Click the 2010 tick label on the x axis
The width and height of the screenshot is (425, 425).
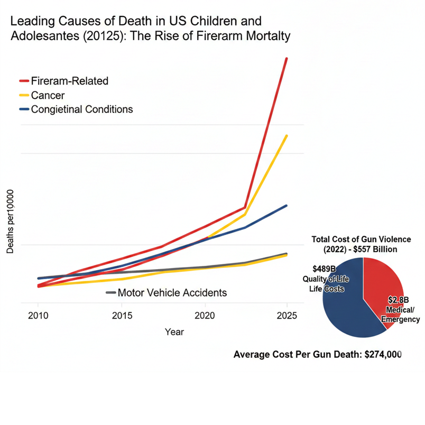tap(38, 316)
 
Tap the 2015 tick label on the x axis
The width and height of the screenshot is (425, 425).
tap(122, 316)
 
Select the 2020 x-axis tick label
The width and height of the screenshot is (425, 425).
tap(205, 316)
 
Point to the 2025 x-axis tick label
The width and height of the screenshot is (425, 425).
tap(287, 316)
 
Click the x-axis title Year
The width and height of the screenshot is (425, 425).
tap(174, 332)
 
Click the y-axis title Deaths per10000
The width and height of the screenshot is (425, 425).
tap(11, 222)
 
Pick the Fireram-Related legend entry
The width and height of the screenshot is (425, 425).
tap(69, 81)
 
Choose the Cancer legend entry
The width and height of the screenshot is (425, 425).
tap(48, 95)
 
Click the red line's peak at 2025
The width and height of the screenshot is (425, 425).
tap(287, 58)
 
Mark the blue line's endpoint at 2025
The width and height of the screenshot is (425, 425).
tap(287, 206)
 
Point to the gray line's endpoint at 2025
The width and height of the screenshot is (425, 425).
tap(287, 254)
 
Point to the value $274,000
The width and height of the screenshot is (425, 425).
tap(383, 354)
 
